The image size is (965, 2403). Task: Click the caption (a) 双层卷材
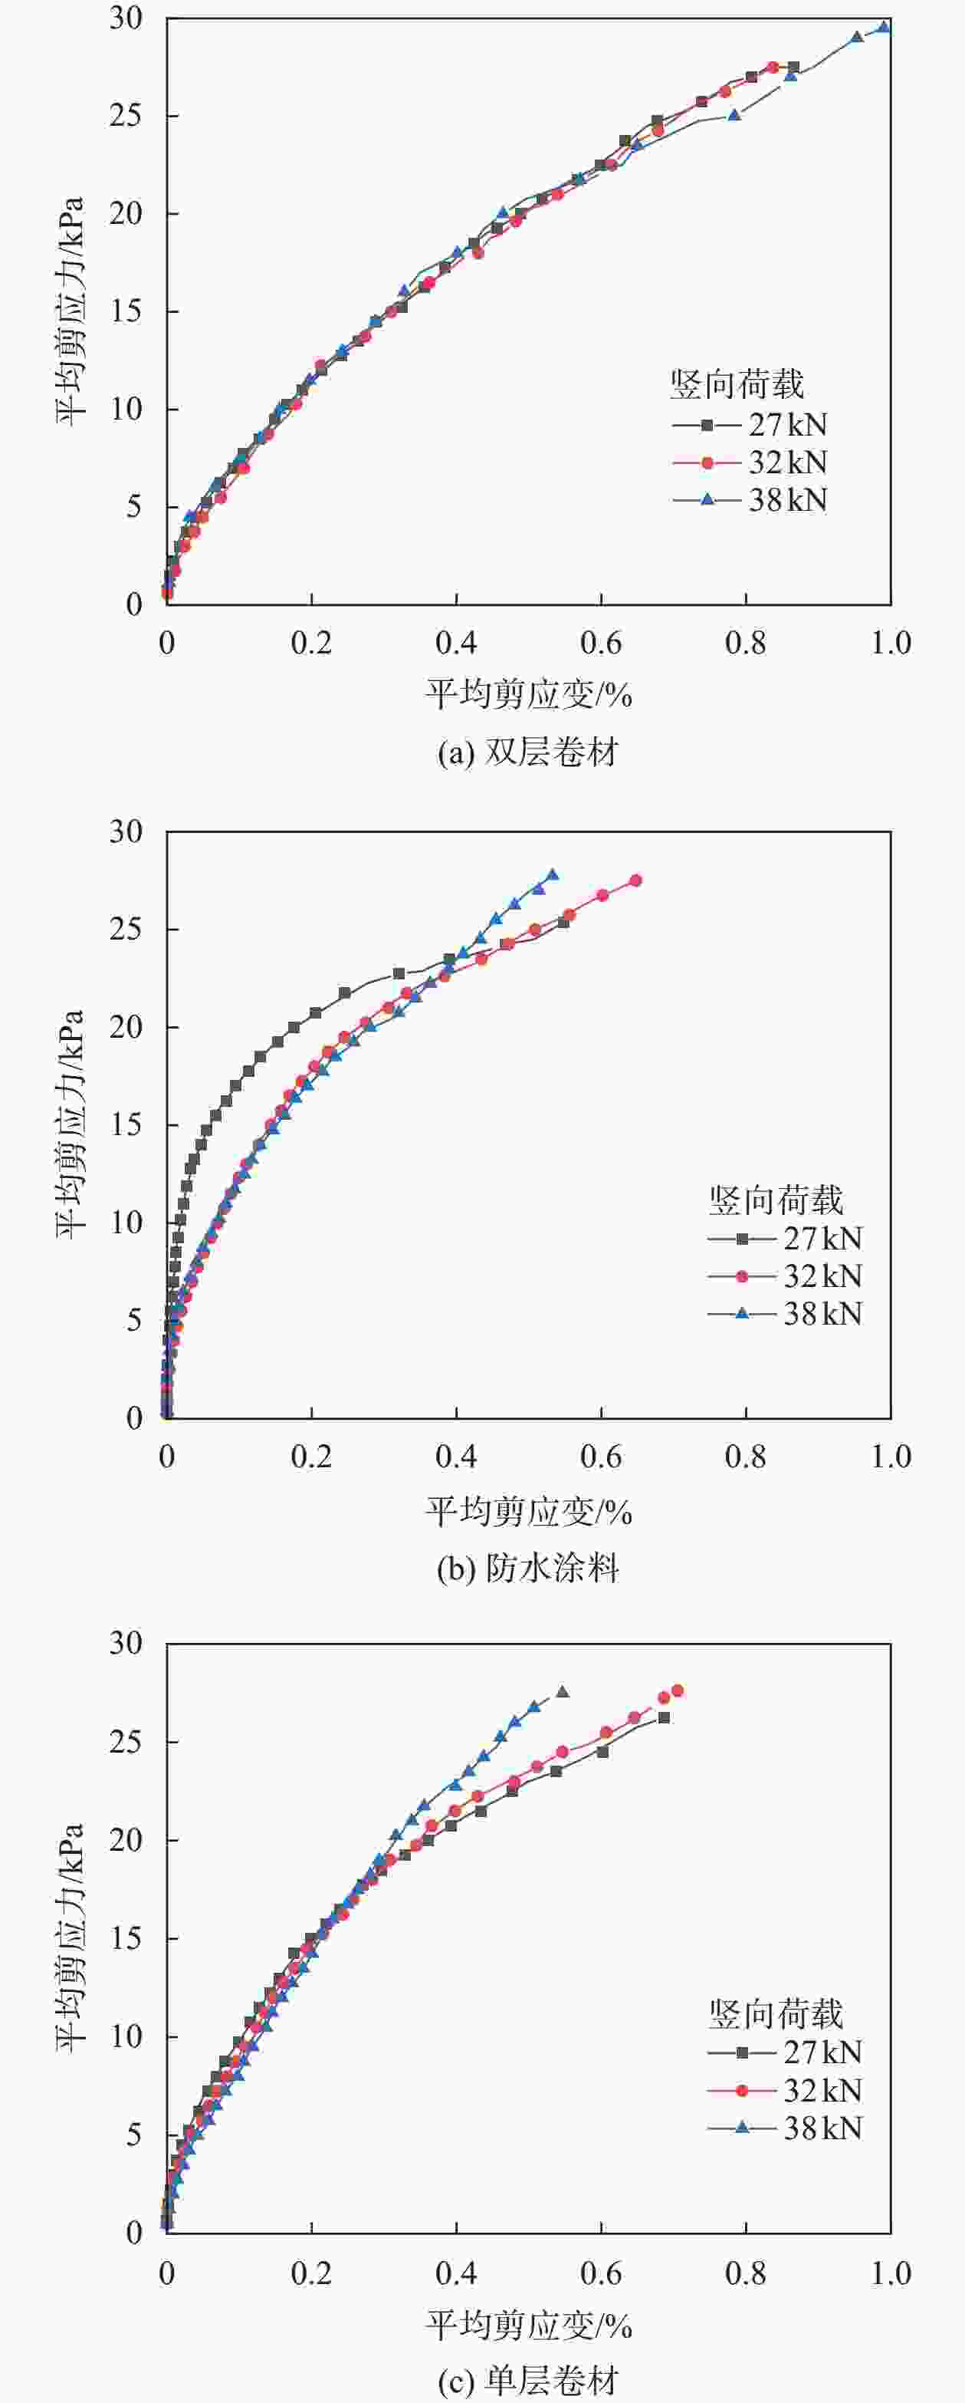(x=527, y=752)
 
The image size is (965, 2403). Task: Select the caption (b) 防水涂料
(x=527, y=1568)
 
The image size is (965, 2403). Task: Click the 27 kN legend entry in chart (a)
(x=750, y=426)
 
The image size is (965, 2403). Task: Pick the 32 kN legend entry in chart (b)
(x=785, y=1276)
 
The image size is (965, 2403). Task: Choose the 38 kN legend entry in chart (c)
(x=785, y=2128)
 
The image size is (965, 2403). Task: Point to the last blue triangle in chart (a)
(x=884, y=27)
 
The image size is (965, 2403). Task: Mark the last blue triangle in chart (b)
(x=552, y=874)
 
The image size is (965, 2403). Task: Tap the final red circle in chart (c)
(x=677, y=1690)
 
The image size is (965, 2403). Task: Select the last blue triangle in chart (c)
(x=563, y=1691)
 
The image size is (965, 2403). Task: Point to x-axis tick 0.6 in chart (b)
(x=602, y=1457)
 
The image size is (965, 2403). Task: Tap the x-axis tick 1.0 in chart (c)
(x=891, y=2273)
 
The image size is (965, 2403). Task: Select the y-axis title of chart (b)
(x=71, y=1124)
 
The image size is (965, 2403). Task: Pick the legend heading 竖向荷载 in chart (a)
(x=737, y=384)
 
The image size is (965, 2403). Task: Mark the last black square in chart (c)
(x=664, y=1717)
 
